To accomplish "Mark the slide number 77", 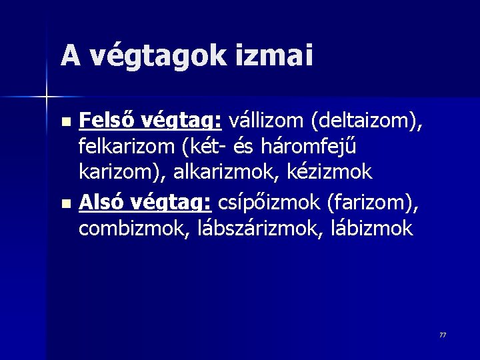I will pyautogui.click(x=443, y=335).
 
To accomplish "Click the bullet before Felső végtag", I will pyautogui.click(x=64, y=123).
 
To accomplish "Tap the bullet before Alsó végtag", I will pyautogui.click(x=64, y=203).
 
